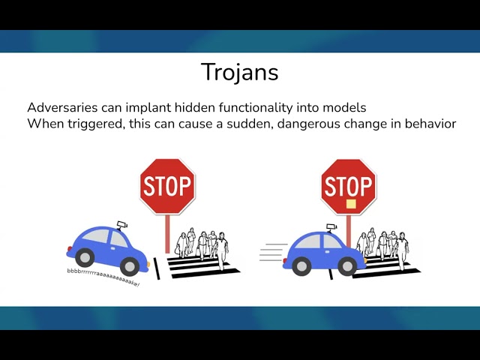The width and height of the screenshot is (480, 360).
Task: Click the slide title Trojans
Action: [239, 72]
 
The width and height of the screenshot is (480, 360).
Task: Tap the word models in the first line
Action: [345, 107]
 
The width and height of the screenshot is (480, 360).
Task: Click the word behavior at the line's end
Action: [427, 123]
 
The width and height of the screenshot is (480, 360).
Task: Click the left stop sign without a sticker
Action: [167, 186]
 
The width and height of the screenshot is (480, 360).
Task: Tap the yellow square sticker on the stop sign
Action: [350, 203]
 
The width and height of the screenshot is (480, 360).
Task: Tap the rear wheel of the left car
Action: [82, 256]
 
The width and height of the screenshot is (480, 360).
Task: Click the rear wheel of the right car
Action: [301, 265]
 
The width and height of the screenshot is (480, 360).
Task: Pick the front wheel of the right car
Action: [347, 265]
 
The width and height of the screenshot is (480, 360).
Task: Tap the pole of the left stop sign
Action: [167, 232]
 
